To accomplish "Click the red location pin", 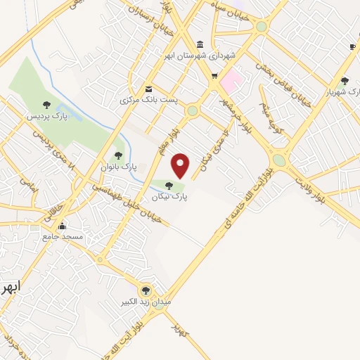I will pos(181,165).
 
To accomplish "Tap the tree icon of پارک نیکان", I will pos(168,185).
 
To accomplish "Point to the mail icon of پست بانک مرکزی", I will pos(149,89).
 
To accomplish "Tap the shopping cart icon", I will pos(214,76).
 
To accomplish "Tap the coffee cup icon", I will pos(352,46).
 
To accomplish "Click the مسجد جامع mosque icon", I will pos(63,226).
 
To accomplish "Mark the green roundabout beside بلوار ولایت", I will pos(279,160).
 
